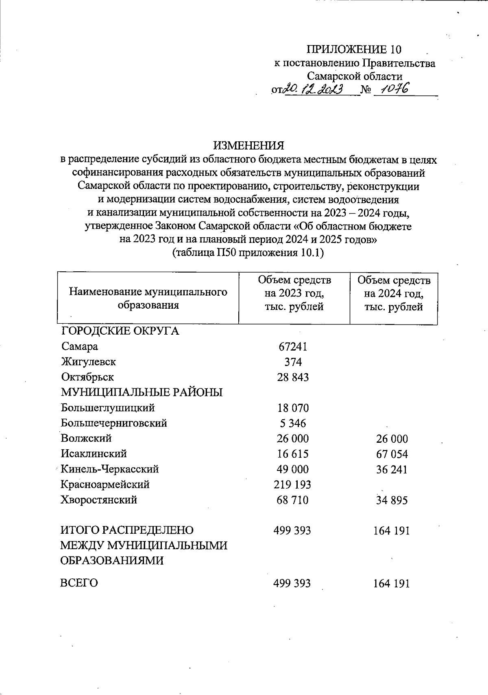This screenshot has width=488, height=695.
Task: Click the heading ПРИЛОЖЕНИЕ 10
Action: tap(354, 50)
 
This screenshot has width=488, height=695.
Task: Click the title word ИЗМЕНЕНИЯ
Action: tap(248, 145)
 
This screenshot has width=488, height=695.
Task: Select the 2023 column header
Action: tap(294, 293)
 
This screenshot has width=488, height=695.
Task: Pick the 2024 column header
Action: tap(393, 293)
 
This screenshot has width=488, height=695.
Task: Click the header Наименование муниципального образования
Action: tap(148, 299)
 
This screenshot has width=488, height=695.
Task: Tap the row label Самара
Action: tap(80, 346)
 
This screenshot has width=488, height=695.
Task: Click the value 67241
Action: tap(293, 346)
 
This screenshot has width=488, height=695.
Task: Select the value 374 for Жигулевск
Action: tap(293, 362)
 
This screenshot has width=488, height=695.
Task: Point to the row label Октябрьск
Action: tap(87, 377)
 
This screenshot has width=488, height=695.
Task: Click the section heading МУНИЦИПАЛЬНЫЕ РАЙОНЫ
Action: tap(142, 392)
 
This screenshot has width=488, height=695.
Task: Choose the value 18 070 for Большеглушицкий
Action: tap(293, 408)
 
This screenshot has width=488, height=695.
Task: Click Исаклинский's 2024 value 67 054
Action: tap(392, 454)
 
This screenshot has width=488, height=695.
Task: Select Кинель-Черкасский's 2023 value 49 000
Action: tap(293, 469)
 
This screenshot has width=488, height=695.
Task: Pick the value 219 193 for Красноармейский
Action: tap(293, 485)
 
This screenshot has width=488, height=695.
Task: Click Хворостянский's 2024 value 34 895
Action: tap(392, 500)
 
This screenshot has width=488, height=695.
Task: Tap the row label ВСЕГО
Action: tap(79, 583)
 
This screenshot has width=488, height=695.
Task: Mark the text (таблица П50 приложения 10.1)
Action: tap(248, 253)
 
